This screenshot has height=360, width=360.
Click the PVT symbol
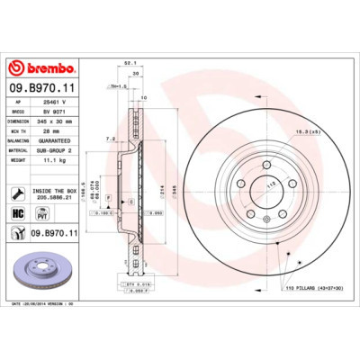40,213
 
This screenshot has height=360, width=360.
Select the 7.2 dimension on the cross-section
110,139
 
